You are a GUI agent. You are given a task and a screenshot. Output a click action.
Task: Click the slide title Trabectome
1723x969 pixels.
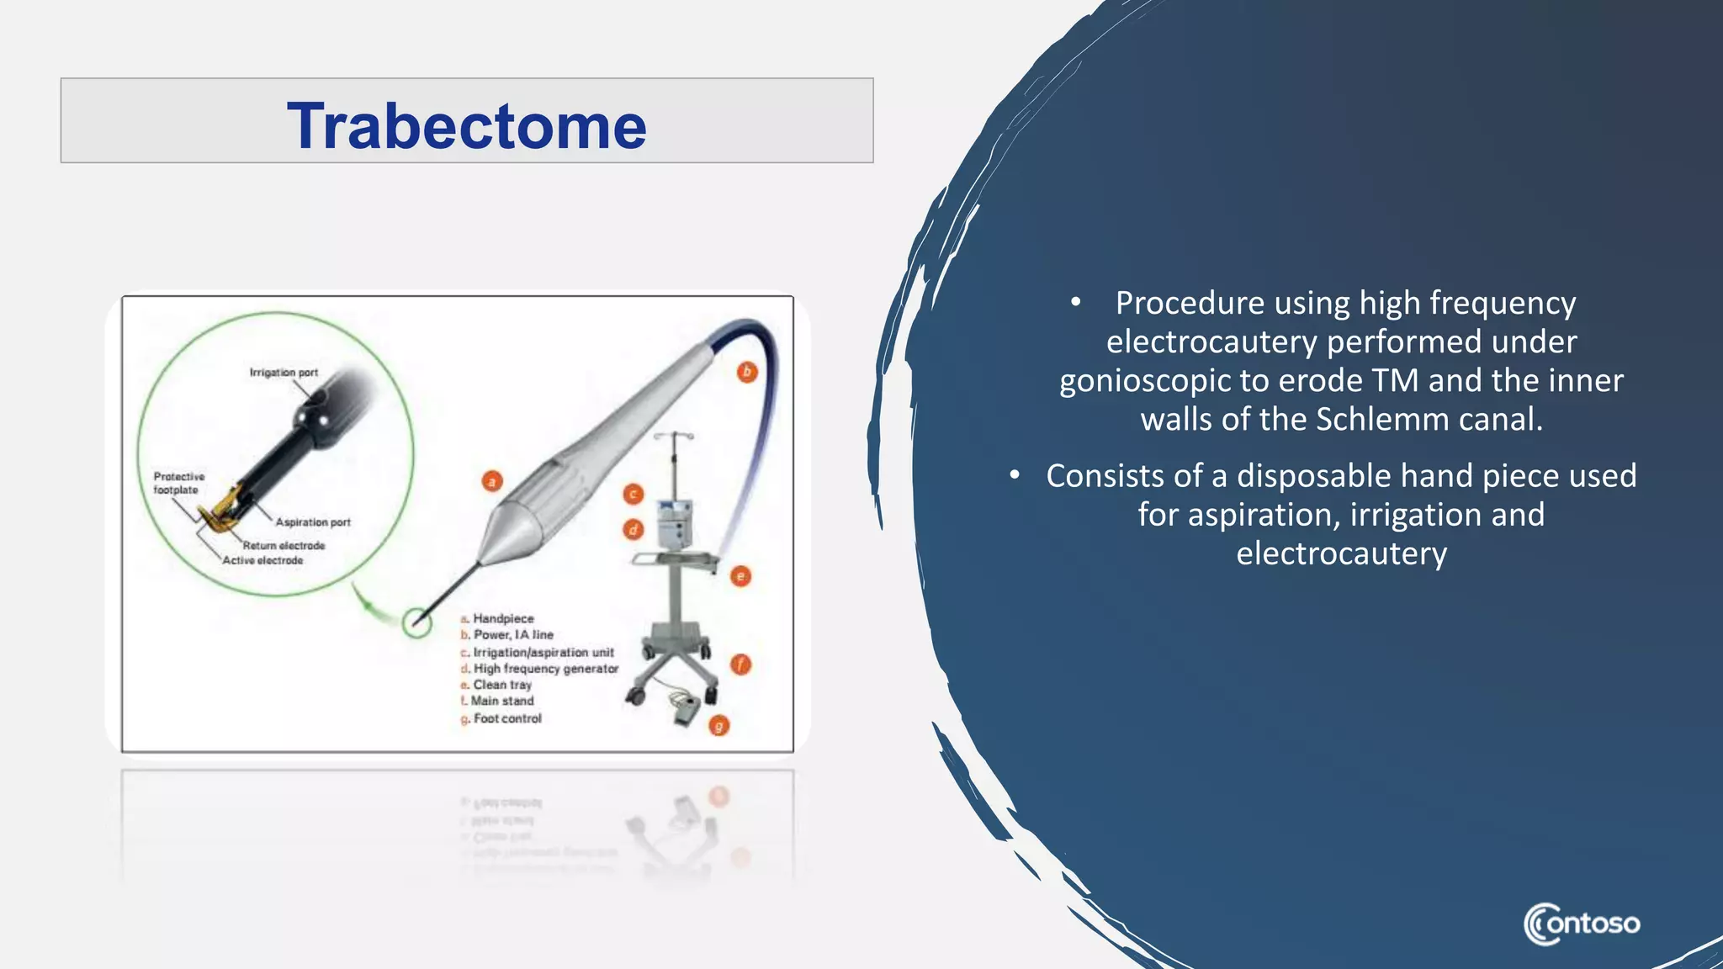467,126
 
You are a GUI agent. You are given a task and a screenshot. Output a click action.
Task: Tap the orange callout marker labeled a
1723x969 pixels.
492,481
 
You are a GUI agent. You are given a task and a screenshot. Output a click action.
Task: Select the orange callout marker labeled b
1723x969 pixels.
747,372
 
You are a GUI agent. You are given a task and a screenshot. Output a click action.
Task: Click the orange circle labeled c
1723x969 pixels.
634,495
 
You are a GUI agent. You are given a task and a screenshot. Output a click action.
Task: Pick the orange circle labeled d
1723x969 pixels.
634,529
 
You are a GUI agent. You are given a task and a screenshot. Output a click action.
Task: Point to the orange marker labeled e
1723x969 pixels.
740,576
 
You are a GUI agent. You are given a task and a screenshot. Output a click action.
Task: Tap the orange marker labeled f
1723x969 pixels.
740,665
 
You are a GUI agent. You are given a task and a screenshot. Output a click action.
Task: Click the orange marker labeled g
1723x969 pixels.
718,725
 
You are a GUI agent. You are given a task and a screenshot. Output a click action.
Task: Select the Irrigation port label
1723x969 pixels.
284,373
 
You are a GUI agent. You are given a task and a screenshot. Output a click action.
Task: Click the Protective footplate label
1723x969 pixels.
178,483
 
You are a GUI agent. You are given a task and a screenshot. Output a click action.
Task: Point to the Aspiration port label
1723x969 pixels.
313,522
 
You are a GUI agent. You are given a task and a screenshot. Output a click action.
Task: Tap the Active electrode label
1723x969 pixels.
262,560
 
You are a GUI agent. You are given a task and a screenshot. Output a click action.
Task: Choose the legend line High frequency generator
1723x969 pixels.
545,669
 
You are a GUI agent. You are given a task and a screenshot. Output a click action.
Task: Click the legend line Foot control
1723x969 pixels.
506,718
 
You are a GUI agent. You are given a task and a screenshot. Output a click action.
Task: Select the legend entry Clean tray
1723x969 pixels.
501,685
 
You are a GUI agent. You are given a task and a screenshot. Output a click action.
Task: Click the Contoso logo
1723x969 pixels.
1582,924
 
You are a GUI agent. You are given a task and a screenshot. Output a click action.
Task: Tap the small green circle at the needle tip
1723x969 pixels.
416,623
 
